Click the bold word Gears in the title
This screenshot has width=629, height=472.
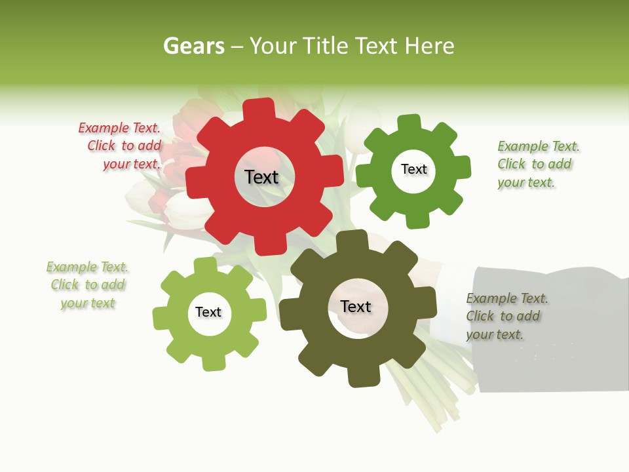coord(194,46)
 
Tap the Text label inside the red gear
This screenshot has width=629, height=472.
coord(261,177)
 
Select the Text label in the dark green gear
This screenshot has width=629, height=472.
coord(413,169)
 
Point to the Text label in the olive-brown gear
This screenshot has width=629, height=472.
coord(356,306)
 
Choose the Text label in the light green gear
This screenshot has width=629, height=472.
coord(208,312)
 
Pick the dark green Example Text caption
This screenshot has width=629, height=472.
coord(537,164)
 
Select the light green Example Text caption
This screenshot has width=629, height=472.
coord(87,285)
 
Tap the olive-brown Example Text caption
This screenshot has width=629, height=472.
coord(506,316)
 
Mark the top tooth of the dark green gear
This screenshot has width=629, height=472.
coord(410,123)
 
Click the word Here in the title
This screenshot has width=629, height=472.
coord(430,46)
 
